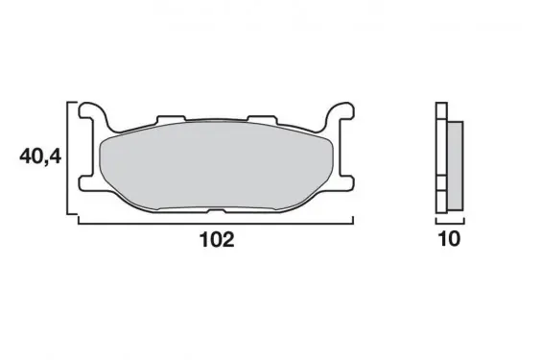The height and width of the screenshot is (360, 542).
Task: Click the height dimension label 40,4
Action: (x=40, y=157)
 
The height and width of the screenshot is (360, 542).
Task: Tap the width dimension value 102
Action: (x=217, y=239)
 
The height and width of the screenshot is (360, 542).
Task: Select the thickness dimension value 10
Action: (x=449, y=239)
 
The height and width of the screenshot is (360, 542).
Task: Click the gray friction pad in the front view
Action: (x=216, y=165)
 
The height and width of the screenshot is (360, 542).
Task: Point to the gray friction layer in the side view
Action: (x=456, y=166)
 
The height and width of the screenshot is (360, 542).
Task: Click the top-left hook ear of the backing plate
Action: (x=90, y=111)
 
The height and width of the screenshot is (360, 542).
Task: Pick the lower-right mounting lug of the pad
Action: (x=344, y=182)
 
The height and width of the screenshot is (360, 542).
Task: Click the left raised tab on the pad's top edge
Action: (x=171, y=119)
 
